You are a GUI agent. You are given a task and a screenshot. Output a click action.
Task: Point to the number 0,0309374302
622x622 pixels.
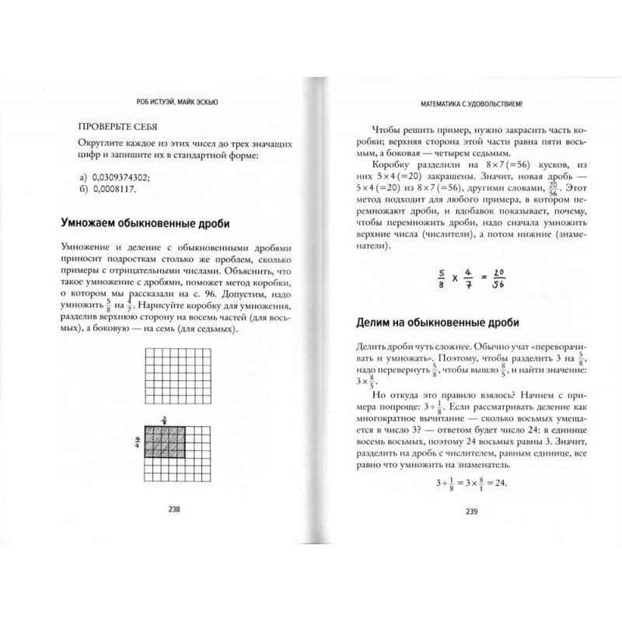pos(128,177)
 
